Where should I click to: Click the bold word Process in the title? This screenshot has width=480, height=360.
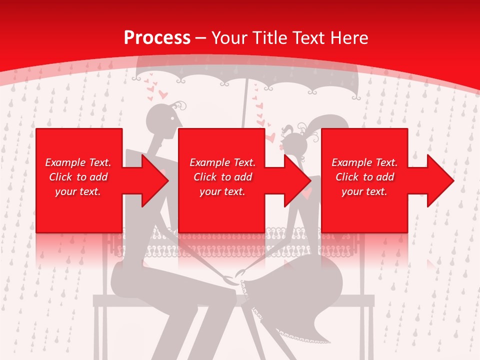(157, 37)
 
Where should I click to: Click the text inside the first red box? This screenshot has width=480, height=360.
(78, 177)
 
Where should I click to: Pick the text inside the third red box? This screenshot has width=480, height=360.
(364, 177)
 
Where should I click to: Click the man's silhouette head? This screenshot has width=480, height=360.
(162, 120)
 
